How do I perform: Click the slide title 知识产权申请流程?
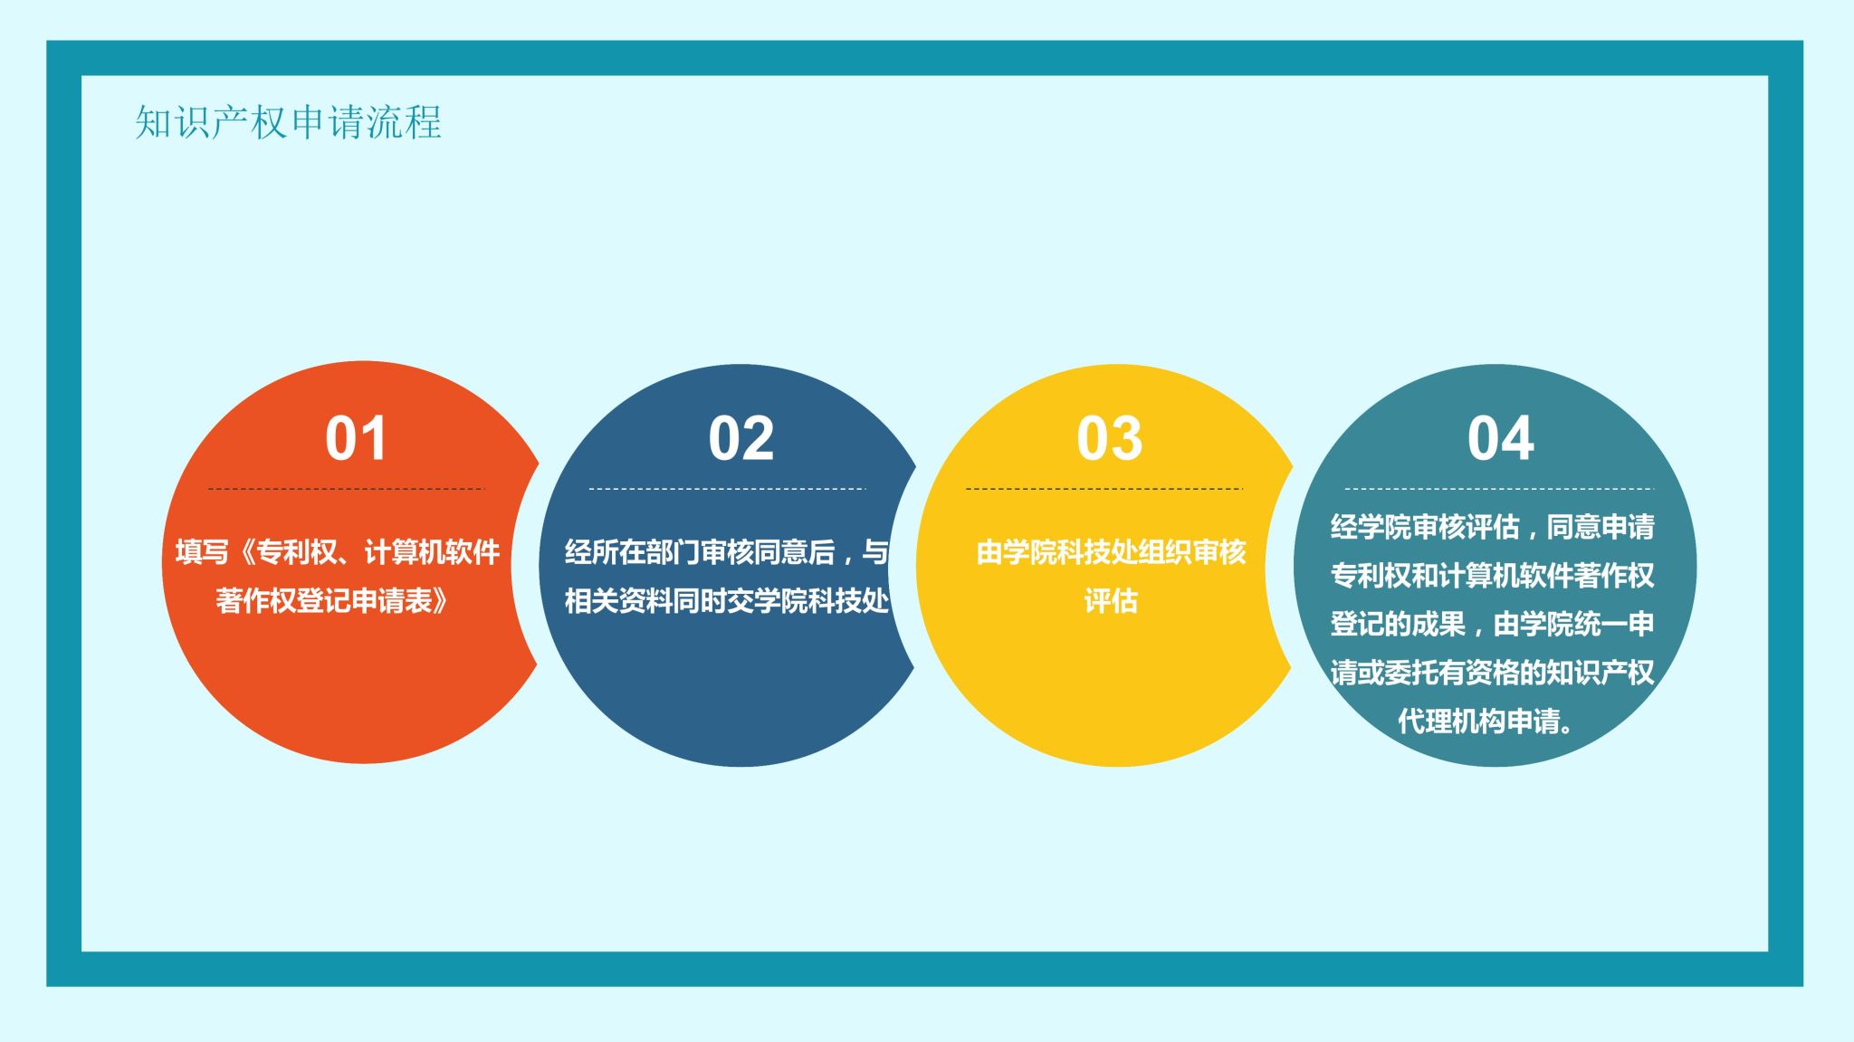tap(288, 122)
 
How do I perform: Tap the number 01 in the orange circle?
tap(356, 439)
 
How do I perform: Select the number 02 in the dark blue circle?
tap(741, 439)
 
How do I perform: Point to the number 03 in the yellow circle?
tap(1110, 439)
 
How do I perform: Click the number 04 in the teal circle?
tap(1501, 439)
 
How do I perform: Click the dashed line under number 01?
tap(347, 489)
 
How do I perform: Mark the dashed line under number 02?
tap(727, 489)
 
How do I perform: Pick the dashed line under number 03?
tap(1104, 489)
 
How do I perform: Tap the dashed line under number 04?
tap(1499, 489)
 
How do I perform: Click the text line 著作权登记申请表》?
tap(331, 600)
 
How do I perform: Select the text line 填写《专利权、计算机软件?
tap(338, 551)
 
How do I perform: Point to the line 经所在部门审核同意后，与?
tap(727, 551)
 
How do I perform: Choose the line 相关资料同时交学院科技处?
tap(727, 600)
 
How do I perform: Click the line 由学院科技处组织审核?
tap(1111, 551)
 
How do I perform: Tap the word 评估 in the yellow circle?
tap(1111, 600)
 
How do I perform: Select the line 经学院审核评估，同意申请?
tap(1493, 526)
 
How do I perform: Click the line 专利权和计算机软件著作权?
tap(1493, 575)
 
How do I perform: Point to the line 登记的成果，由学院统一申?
tap(1493, 624)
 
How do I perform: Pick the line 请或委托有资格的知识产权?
tap(1493, 672)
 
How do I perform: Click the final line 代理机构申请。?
tap(1486, 721)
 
